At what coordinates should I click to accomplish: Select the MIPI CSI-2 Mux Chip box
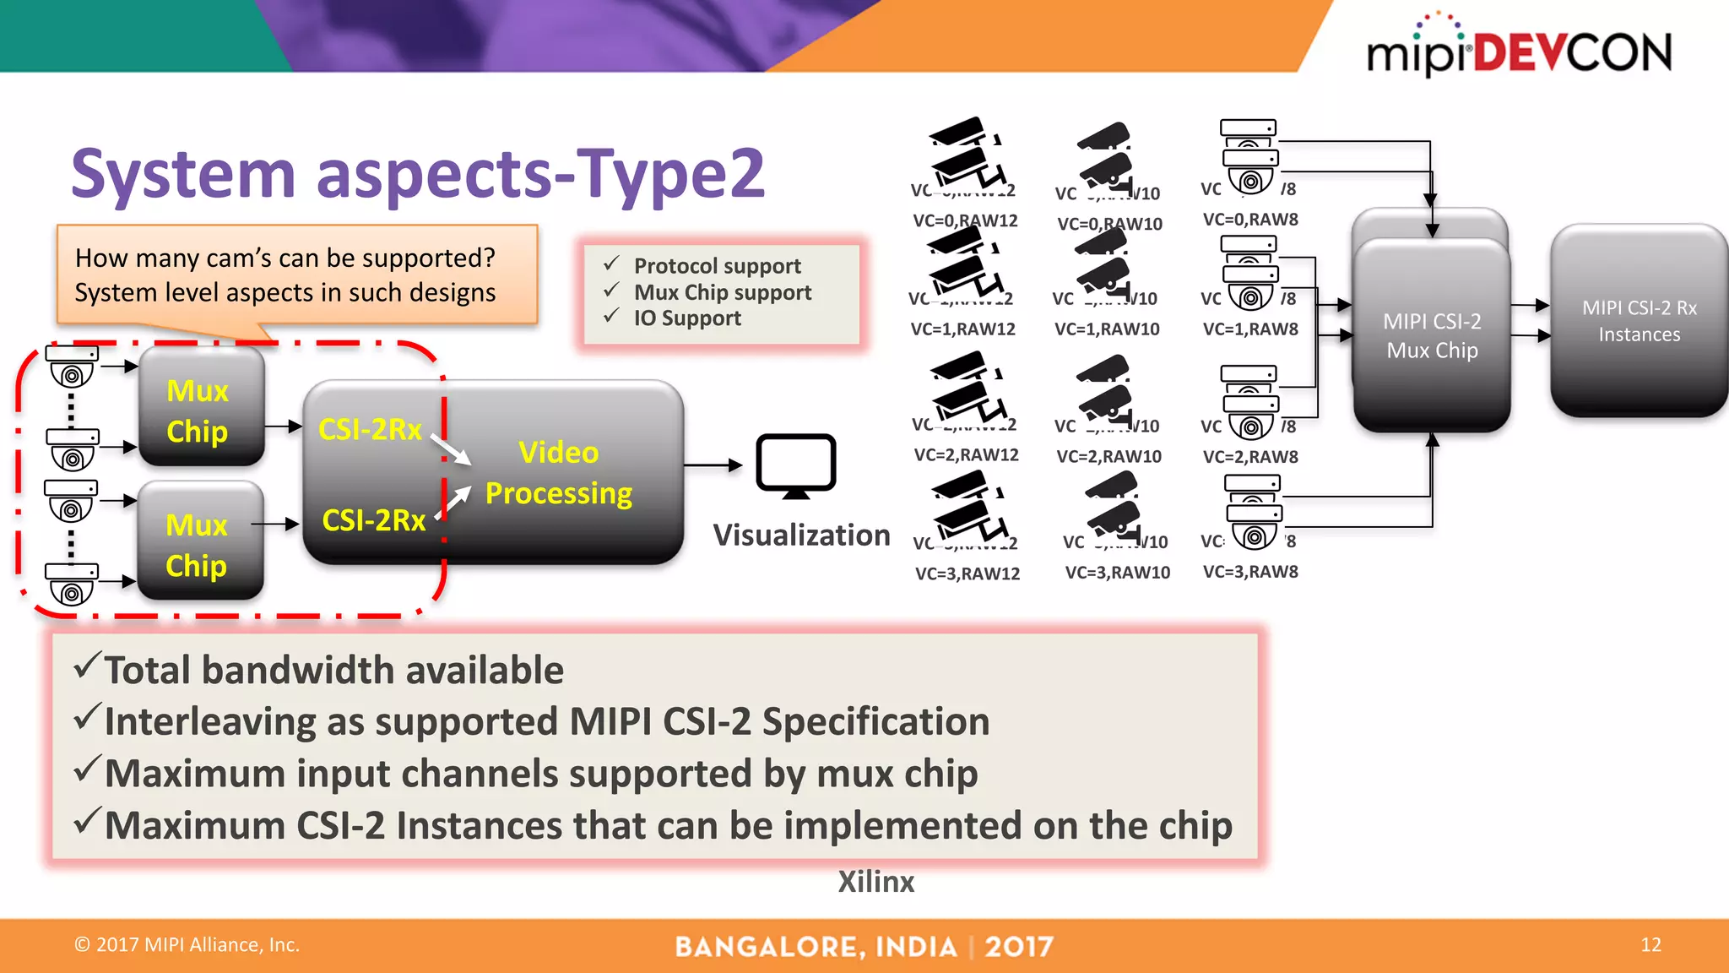[1432, 336]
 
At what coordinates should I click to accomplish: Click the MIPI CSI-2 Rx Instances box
[1639, 321]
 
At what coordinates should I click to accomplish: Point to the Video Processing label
[558, 472]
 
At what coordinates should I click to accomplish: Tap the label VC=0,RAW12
[965, 221]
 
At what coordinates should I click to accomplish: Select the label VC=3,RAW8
[1250, 572]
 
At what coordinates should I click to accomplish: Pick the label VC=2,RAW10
[1108, 457]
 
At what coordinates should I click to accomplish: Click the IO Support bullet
[687, 318]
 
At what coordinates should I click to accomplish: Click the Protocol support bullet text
[717, 266]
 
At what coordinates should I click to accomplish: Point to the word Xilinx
[875, 882]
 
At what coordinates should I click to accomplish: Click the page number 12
[1650, 945]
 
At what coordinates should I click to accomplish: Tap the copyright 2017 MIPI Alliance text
[187, 945]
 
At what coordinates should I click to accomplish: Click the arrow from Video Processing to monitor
[712, 465]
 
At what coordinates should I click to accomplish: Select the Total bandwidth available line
[333, 671]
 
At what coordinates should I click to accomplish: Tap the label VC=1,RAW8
[1250, 329]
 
